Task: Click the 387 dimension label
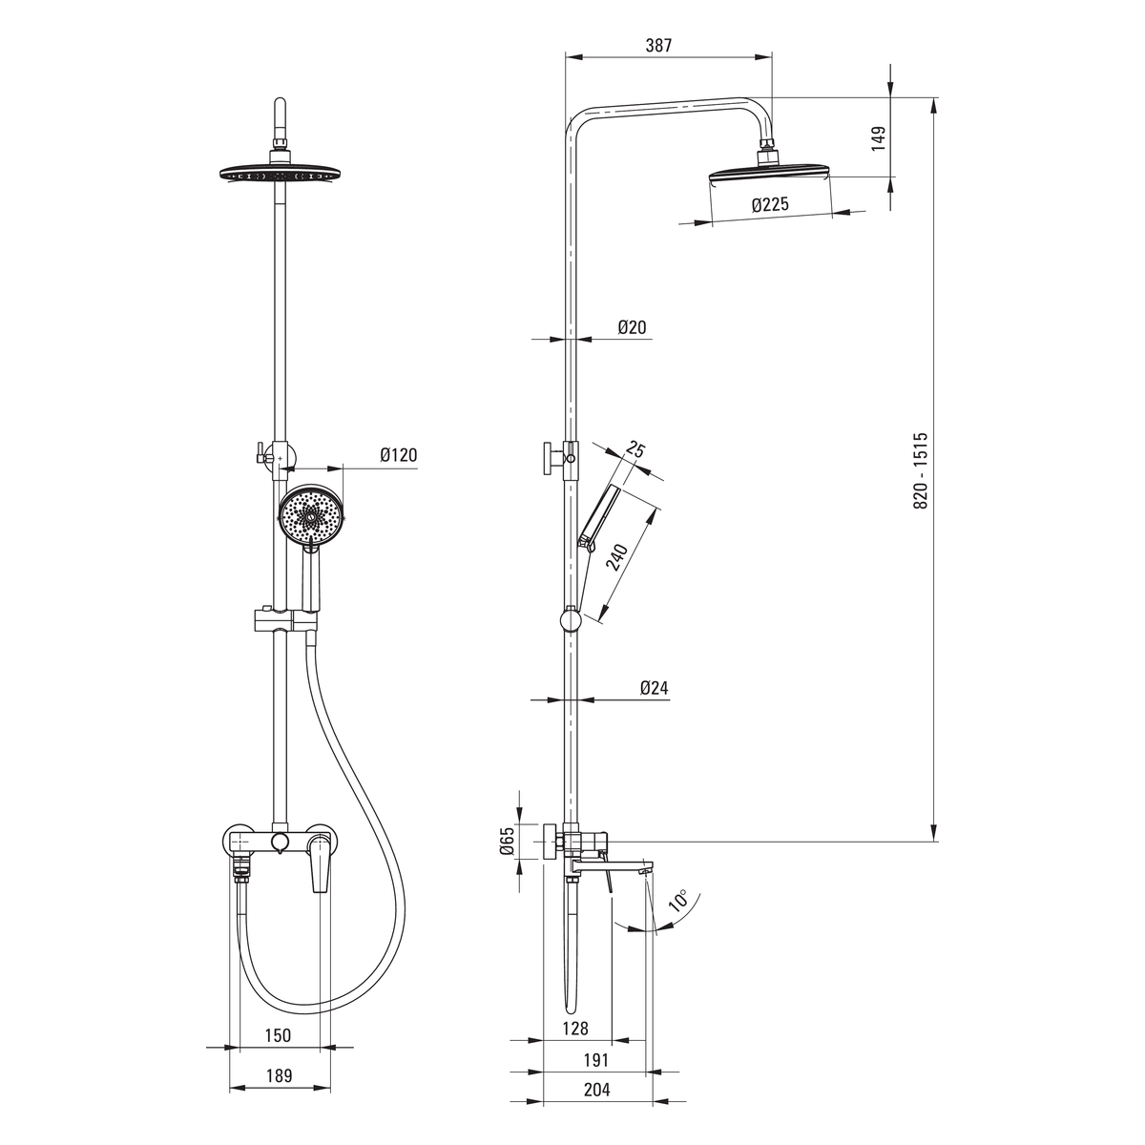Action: (659, 45)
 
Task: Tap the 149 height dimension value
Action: (878, 138)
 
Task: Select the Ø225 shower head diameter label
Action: (770, 204)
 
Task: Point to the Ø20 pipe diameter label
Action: (632, 327)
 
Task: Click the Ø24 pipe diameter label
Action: (655, 687)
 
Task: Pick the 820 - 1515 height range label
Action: (920, 470)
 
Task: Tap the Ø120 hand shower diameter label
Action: (399, 455)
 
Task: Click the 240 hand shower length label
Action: (616, 556)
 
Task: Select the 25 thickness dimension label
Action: (635, 449)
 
